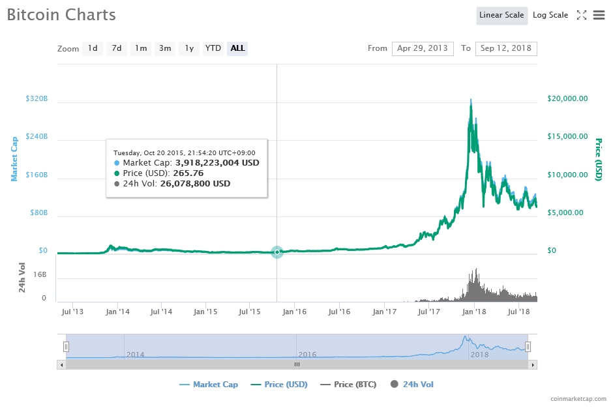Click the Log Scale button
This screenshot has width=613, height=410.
pyautogui.click(x=550, y=15)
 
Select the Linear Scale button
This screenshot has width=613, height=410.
pyautogui.click(x=501, y=15)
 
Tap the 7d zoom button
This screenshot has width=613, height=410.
pyautogui.click(x=116, y=48)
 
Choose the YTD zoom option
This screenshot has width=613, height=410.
pyautogui.click(x=213, y=48)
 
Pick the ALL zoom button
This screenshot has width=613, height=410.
pyautogui.click(x=237, y=48)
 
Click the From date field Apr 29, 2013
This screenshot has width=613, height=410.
pyautogui.click(x=423, y=48)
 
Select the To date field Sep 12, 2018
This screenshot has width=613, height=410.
pyautogui.click(x=505, y=48)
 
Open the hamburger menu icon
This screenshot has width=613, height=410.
pyautogui.click(x=599, y=15)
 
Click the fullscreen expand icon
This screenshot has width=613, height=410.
pyautogui.click(x=582, y=15)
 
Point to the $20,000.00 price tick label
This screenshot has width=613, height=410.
pyautogui.click(x=567, y=98)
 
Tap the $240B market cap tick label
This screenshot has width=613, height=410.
pyautogui.click(x=37, y=137)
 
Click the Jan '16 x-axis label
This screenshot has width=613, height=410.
pyautogui.click(x=294, y=312)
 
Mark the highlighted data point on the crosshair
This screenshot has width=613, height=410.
pyautogui.click(x=277, y=252)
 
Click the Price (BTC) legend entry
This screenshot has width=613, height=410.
pyautogui.click(x=348, y=385)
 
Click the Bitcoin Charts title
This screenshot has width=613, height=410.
pyautogui.click(x=61, y=14)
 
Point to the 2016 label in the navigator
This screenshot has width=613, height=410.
pyautogui.click(x=307, y=355)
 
